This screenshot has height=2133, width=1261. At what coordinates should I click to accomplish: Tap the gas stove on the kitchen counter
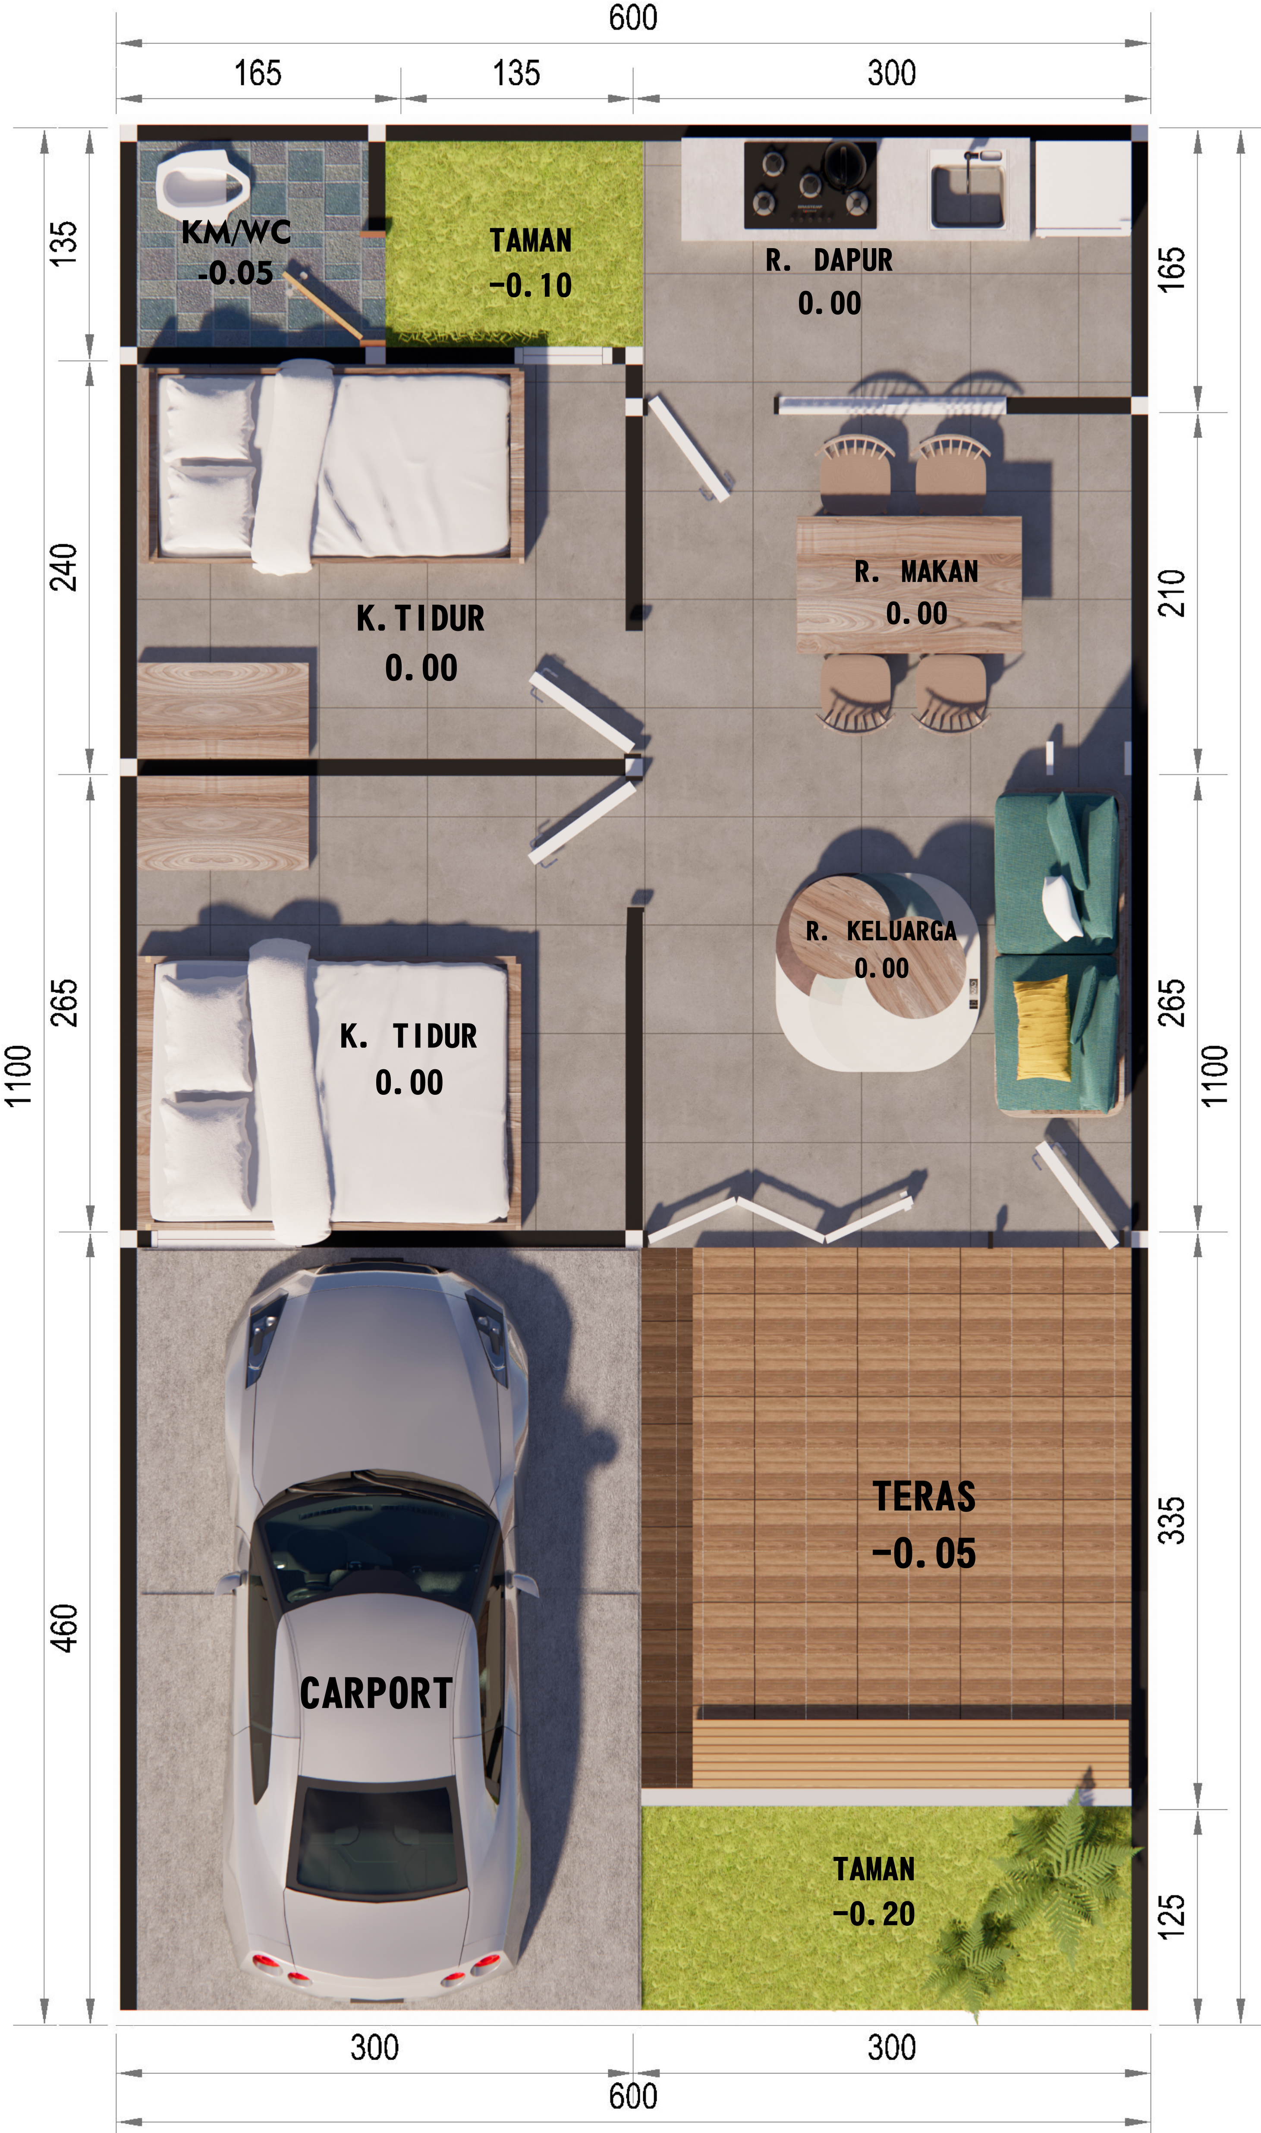coord(810,184)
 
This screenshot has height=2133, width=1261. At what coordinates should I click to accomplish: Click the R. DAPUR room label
coord(828,260)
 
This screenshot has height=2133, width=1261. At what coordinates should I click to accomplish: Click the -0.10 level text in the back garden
coord(530,286)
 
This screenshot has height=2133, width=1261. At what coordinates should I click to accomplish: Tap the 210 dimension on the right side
coord(1172,592)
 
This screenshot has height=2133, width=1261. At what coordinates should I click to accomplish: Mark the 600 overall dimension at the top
coord(633,18)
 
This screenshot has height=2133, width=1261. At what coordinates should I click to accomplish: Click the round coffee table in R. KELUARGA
coord(871,946)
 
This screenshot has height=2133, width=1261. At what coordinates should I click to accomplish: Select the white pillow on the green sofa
coord(1062,906)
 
